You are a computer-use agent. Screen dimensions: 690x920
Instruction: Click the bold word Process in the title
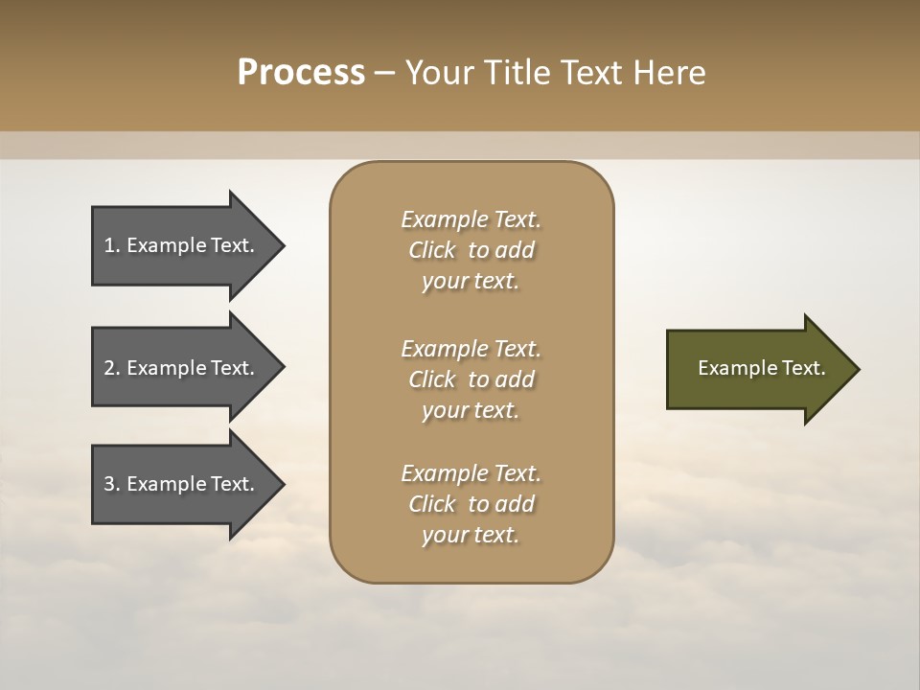pos(301,73)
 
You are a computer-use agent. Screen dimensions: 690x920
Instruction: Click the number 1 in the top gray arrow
pos(109,245)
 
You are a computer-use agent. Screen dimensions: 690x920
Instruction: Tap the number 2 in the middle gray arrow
pos(109,368)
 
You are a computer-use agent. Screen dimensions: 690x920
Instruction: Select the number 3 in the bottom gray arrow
pos(109,484)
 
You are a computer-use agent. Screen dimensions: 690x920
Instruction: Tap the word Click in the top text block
pos(432,250)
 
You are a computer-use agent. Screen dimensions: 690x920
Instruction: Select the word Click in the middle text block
pos(432,379)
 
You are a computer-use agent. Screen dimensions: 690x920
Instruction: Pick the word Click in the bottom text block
pos(432,504)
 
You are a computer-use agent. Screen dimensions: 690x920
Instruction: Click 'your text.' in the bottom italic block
pos(471,535)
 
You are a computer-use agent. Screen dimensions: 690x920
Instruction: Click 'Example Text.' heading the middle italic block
pos(471,349)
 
